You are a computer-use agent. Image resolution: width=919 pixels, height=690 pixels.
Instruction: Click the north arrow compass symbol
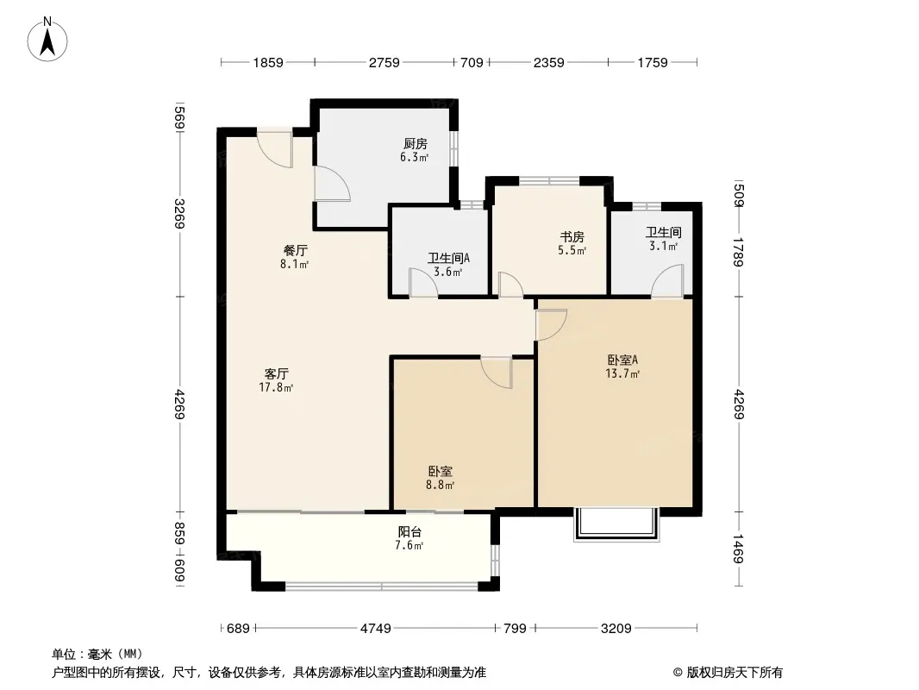click(47, 40)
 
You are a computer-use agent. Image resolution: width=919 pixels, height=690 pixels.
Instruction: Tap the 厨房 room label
click(415, 144)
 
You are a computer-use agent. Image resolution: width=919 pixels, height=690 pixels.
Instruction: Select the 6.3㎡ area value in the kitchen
click(415, 157)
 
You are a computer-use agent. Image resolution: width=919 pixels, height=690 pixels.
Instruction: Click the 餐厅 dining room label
click(295, 250)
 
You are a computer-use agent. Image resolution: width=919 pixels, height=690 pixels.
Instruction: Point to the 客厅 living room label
click(276, 373)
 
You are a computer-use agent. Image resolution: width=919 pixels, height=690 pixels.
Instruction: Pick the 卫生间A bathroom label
click(448, 258)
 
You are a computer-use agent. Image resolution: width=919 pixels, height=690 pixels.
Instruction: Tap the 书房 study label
click(572, 237)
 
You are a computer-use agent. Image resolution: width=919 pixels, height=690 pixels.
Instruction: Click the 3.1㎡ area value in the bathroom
click(664, 246)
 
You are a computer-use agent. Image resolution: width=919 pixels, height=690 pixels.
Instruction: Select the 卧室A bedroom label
click(622, 360)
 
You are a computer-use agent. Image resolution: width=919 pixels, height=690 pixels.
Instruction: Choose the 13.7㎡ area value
click(622, 373)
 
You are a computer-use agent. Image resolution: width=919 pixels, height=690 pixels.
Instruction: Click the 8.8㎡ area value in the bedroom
click(441, 485)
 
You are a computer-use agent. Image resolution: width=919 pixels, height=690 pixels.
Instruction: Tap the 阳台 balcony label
click(409, 531)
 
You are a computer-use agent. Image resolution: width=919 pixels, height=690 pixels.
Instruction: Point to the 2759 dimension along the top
click(384, 62)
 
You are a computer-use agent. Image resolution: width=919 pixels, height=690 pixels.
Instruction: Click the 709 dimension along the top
click(472, 62)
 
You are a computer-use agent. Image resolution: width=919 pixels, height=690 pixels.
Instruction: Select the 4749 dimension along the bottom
click(375, 629)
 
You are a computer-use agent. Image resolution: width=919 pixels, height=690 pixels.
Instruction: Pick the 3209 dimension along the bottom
click(616, 629)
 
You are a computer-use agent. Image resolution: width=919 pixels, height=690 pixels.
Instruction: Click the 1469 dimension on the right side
click(738, 549)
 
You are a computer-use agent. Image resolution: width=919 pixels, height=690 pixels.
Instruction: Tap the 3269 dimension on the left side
click(179, 215)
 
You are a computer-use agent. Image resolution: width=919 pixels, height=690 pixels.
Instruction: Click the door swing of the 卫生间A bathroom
click(423, 282)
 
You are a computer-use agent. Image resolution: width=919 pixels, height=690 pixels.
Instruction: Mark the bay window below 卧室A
click(616, 524)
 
